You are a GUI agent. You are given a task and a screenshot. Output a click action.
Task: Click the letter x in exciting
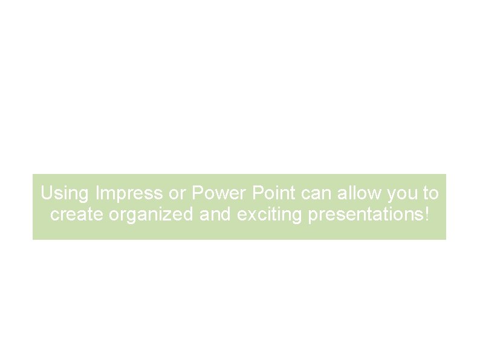point(250,216)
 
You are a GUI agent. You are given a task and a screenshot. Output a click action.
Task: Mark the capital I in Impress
point(97,194)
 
